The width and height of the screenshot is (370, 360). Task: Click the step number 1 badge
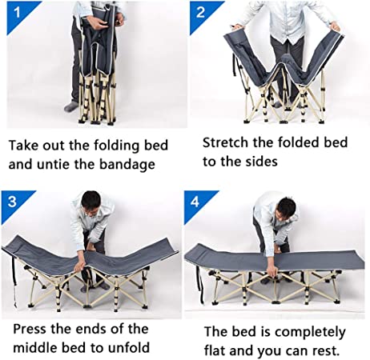tap(18, 14)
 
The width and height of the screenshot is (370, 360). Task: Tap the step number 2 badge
tap(202, 14)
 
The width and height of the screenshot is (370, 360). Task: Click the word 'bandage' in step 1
tap(127, 164)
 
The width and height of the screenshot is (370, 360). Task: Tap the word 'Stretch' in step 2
tap(226, 142)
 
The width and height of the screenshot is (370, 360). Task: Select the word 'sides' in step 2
tap(262, 162)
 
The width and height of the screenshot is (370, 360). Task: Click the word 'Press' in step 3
tap(30, 329)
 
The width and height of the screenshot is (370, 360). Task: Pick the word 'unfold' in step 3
tap(129, 347)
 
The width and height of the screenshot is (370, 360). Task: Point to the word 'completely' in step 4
tap(310, 332)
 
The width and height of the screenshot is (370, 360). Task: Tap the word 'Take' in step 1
tap(23, 146)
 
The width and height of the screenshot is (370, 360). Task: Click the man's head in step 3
tap(90, 202)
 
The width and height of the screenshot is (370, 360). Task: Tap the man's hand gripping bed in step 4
tap(271, 273)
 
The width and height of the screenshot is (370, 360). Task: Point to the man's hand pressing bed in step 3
tap(80, 266)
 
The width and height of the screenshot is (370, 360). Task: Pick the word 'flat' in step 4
tap(215, 350)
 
